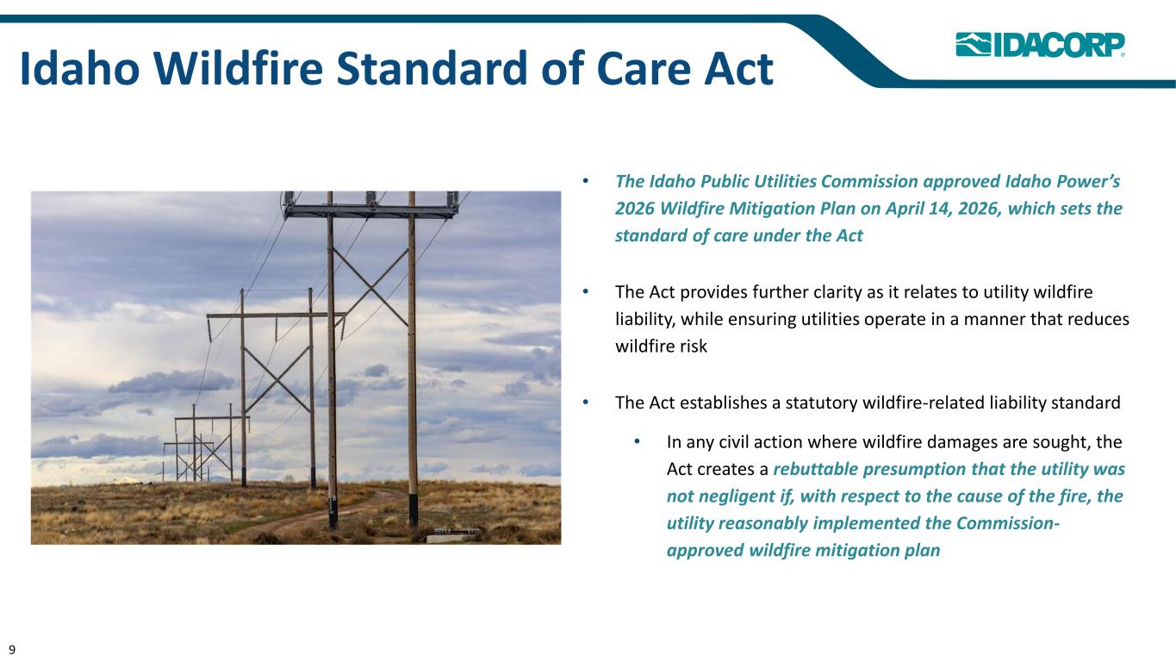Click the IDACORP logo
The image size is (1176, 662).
1040,45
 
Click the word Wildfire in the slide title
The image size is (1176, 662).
238,68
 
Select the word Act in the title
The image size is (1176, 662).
738,69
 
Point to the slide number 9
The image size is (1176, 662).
12,650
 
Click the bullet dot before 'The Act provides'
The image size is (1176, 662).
586,291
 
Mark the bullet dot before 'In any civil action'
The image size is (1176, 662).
638,441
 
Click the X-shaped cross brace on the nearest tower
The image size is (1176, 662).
370,287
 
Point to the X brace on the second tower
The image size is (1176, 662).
277,378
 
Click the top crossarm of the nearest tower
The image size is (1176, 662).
371,211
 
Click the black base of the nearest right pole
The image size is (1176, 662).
414,509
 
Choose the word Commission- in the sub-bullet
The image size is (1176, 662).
1007,523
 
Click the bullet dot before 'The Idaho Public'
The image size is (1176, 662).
586,181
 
